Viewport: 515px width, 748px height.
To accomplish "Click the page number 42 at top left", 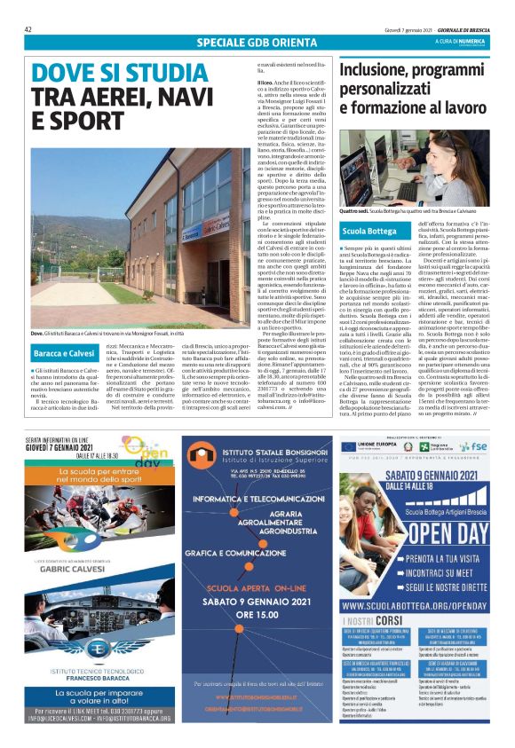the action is point(29,29).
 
